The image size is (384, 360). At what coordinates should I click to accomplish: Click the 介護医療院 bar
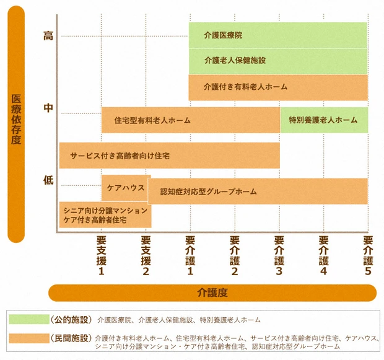[x=278, y=35]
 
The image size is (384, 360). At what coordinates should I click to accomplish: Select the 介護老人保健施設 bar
[x=278, y=61]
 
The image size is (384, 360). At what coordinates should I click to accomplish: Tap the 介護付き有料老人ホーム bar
[x=278, y=87]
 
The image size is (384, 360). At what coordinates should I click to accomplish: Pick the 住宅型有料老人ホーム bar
[x=191, y=120]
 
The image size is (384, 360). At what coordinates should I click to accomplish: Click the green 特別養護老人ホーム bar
[x=324, y=120]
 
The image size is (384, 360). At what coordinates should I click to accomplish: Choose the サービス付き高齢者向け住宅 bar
[x=169, y=156]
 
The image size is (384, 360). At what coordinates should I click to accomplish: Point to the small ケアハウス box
[x=124, y=187]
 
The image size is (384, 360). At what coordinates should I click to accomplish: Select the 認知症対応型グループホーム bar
[x=258, y=191]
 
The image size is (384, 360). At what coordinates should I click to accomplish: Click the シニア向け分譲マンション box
[x=105, y=215]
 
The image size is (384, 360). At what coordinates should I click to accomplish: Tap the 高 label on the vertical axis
[x=48, y=36]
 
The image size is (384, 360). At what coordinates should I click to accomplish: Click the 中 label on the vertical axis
[x=48, y=108]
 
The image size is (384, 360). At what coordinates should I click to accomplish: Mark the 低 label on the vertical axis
[x=48, y=180]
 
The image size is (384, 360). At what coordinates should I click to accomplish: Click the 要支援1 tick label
[x=102, y=255]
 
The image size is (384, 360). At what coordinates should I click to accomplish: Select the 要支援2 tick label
[x=146, y=255]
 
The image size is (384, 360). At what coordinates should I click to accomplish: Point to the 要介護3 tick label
[x=279, y=255]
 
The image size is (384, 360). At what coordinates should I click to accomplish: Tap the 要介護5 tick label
[x=368, y=255]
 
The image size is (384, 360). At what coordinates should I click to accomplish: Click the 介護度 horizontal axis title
[x=212, y=292]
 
